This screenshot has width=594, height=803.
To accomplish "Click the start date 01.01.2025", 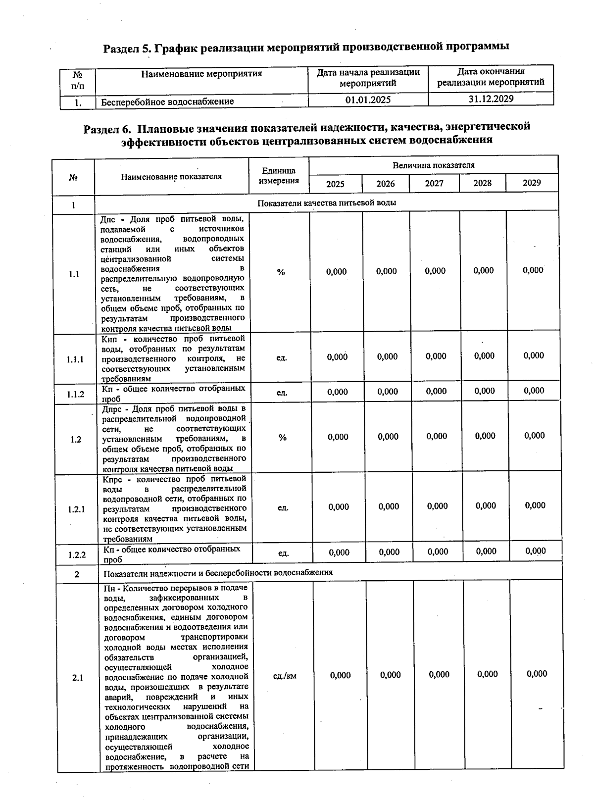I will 368,100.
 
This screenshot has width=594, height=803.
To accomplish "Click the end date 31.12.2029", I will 491,99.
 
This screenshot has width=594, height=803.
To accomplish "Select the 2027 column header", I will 434,183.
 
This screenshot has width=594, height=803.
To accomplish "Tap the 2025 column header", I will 335,184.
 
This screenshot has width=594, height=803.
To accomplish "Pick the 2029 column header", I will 532,183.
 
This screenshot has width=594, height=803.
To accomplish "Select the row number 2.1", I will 78,678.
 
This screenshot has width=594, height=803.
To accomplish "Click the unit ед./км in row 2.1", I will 285,676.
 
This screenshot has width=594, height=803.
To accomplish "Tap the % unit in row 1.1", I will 281,272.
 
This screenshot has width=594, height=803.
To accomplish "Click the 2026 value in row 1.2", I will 388,437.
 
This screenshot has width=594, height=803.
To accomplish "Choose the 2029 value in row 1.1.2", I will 534,391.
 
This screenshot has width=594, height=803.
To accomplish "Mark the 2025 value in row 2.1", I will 340,675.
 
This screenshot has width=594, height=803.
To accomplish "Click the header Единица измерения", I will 279,176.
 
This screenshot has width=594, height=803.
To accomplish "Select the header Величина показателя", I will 433,165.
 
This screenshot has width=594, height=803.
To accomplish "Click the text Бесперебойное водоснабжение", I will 167,102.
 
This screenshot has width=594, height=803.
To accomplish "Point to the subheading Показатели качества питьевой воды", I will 327,203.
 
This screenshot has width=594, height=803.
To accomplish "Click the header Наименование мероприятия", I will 201,74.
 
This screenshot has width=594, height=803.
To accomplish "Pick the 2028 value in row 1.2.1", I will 486,505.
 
